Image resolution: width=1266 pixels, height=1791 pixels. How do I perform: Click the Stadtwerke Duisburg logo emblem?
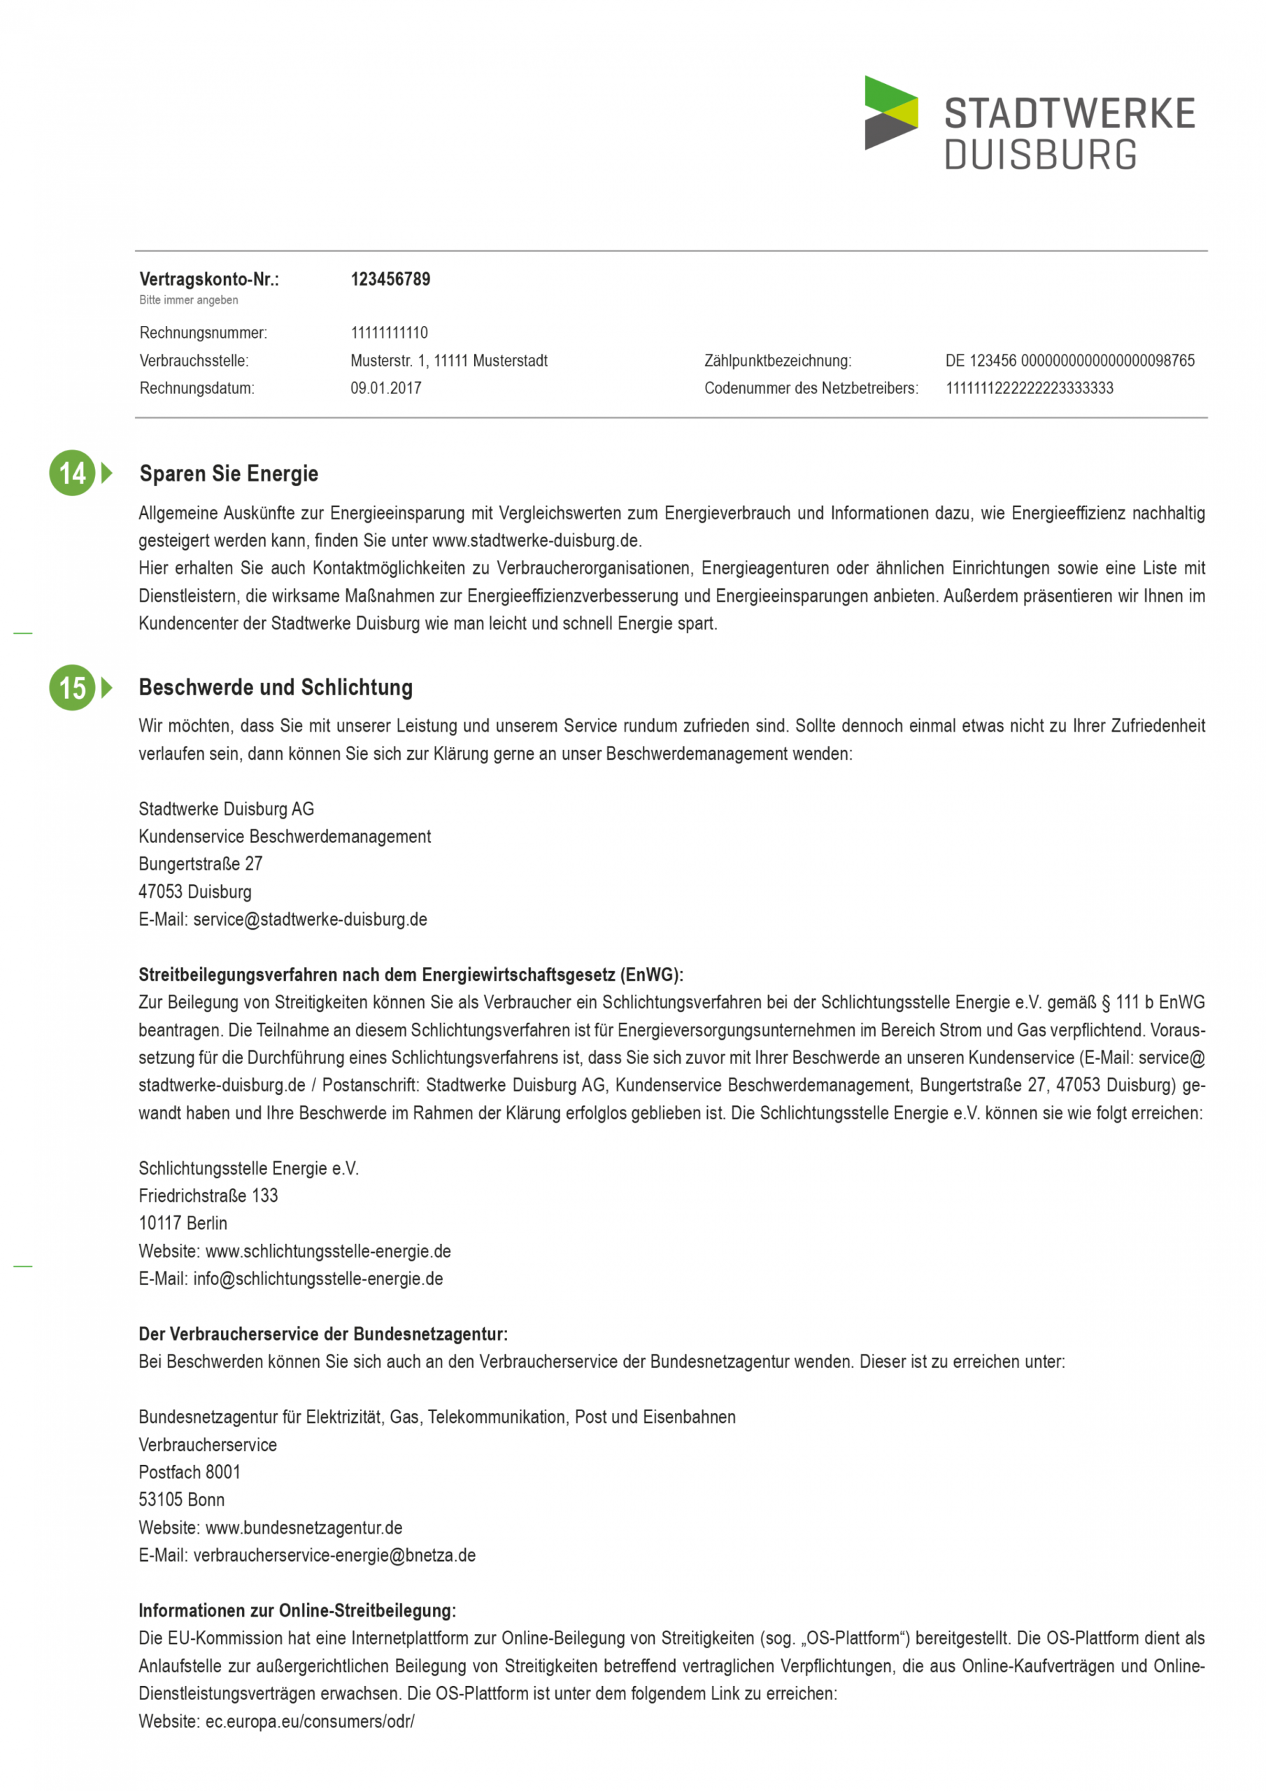tap(890, 113)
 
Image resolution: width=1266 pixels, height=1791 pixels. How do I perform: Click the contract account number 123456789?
tap(390, 279)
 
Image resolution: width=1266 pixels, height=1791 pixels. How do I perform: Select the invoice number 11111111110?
tap(388, 333)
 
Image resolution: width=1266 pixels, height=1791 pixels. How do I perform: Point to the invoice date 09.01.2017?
tap(385, 388)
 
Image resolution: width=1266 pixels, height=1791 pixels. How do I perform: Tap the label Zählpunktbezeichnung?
tap(777, 361)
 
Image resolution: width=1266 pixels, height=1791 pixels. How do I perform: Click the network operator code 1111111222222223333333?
tap(1029, 388)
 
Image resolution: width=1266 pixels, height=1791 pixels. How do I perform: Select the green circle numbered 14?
tap(72, 473)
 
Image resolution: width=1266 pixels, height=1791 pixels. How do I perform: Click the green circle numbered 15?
tap(72, 687)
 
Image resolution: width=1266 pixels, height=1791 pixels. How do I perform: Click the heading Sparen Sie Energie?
tap(229, 474)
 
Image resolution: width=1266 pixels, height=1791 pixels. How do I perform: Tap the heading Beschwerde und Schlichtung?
tap(276, 687)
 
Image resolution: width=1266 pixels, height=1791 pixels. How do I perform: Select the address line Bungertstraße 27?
tap(201, 863)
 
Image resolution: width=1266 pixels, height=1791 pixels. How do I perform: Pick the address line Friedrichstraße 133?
tap(208, 1196)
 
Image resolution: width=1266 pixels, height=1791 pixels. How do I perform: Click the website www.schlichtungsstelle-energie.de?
tap(327, 1251)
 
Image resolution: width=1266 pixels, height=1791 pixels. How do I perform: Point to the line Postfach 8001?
tap(190, 1472)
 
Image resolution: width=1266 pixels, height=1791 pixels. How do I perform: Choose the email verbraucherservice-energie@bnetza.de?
tap(334, 1555)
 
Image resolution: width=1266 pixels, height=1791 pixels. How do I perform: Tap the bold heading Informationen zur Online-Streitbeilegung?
tap(297, 1610)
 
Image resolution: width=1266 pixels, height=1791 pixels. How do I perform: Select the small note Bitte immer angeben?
tap(189, 300)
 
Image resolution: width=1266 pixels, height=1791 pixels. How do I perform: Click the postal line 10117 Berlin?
tap(183, 1223)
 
